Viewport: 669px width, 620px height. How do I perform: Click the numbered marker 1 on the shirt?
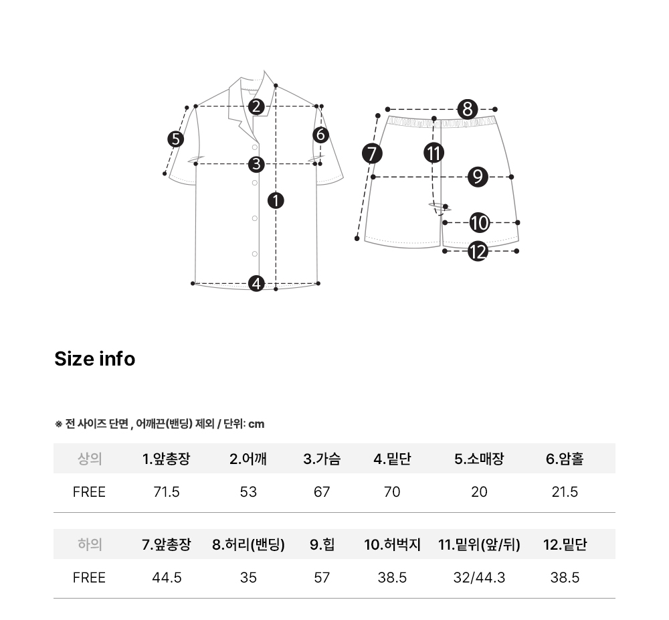point(276,201)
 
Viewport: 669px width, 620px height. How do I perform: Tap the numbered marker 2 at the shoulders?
point(256,106)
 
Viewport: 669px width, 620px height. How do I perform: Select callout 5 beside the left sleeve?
point(175,139)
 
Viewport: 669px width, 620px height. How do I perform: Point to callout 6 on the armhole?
point(321,135)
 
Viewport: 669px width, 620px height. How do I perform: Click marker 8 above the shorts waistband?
point(468,109)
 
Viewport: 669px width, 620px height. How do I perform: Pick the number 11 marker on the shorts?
point(434,153)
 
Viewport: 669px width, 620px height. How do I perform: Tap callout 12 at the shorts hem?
point(478,251)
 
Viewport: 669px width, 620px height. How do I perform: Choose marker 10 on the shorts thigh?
point(479,222)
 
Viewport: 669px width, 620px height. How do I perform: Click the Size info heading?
point(95,359)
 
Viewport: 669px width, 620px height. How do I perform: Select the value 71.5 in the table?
point(167,492)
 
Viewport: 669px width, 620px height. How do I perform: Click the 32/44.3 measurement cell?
point(479,578)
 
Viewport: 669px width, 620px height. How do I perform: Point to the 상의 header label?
point(90,459)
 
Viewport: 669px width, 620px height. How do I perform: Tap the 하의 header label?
point(90,544)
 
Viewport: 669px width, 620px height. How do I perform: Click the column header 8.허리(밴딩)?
point(248,544)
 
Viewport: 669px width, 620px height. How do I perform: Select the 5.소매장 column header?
point(479,459)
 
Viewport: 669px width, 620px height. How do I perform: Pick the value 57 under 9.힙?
point(322,578)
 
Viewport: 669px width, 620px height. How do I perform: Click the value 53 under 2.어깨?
point(248,492)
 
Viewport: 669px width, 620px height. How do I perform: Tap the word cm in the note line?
point(256,424)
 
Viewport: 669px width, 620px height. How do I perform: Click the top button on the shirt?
point(255,147)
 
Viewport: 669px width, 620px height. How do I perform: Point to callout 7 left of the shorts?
point(372,154)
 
